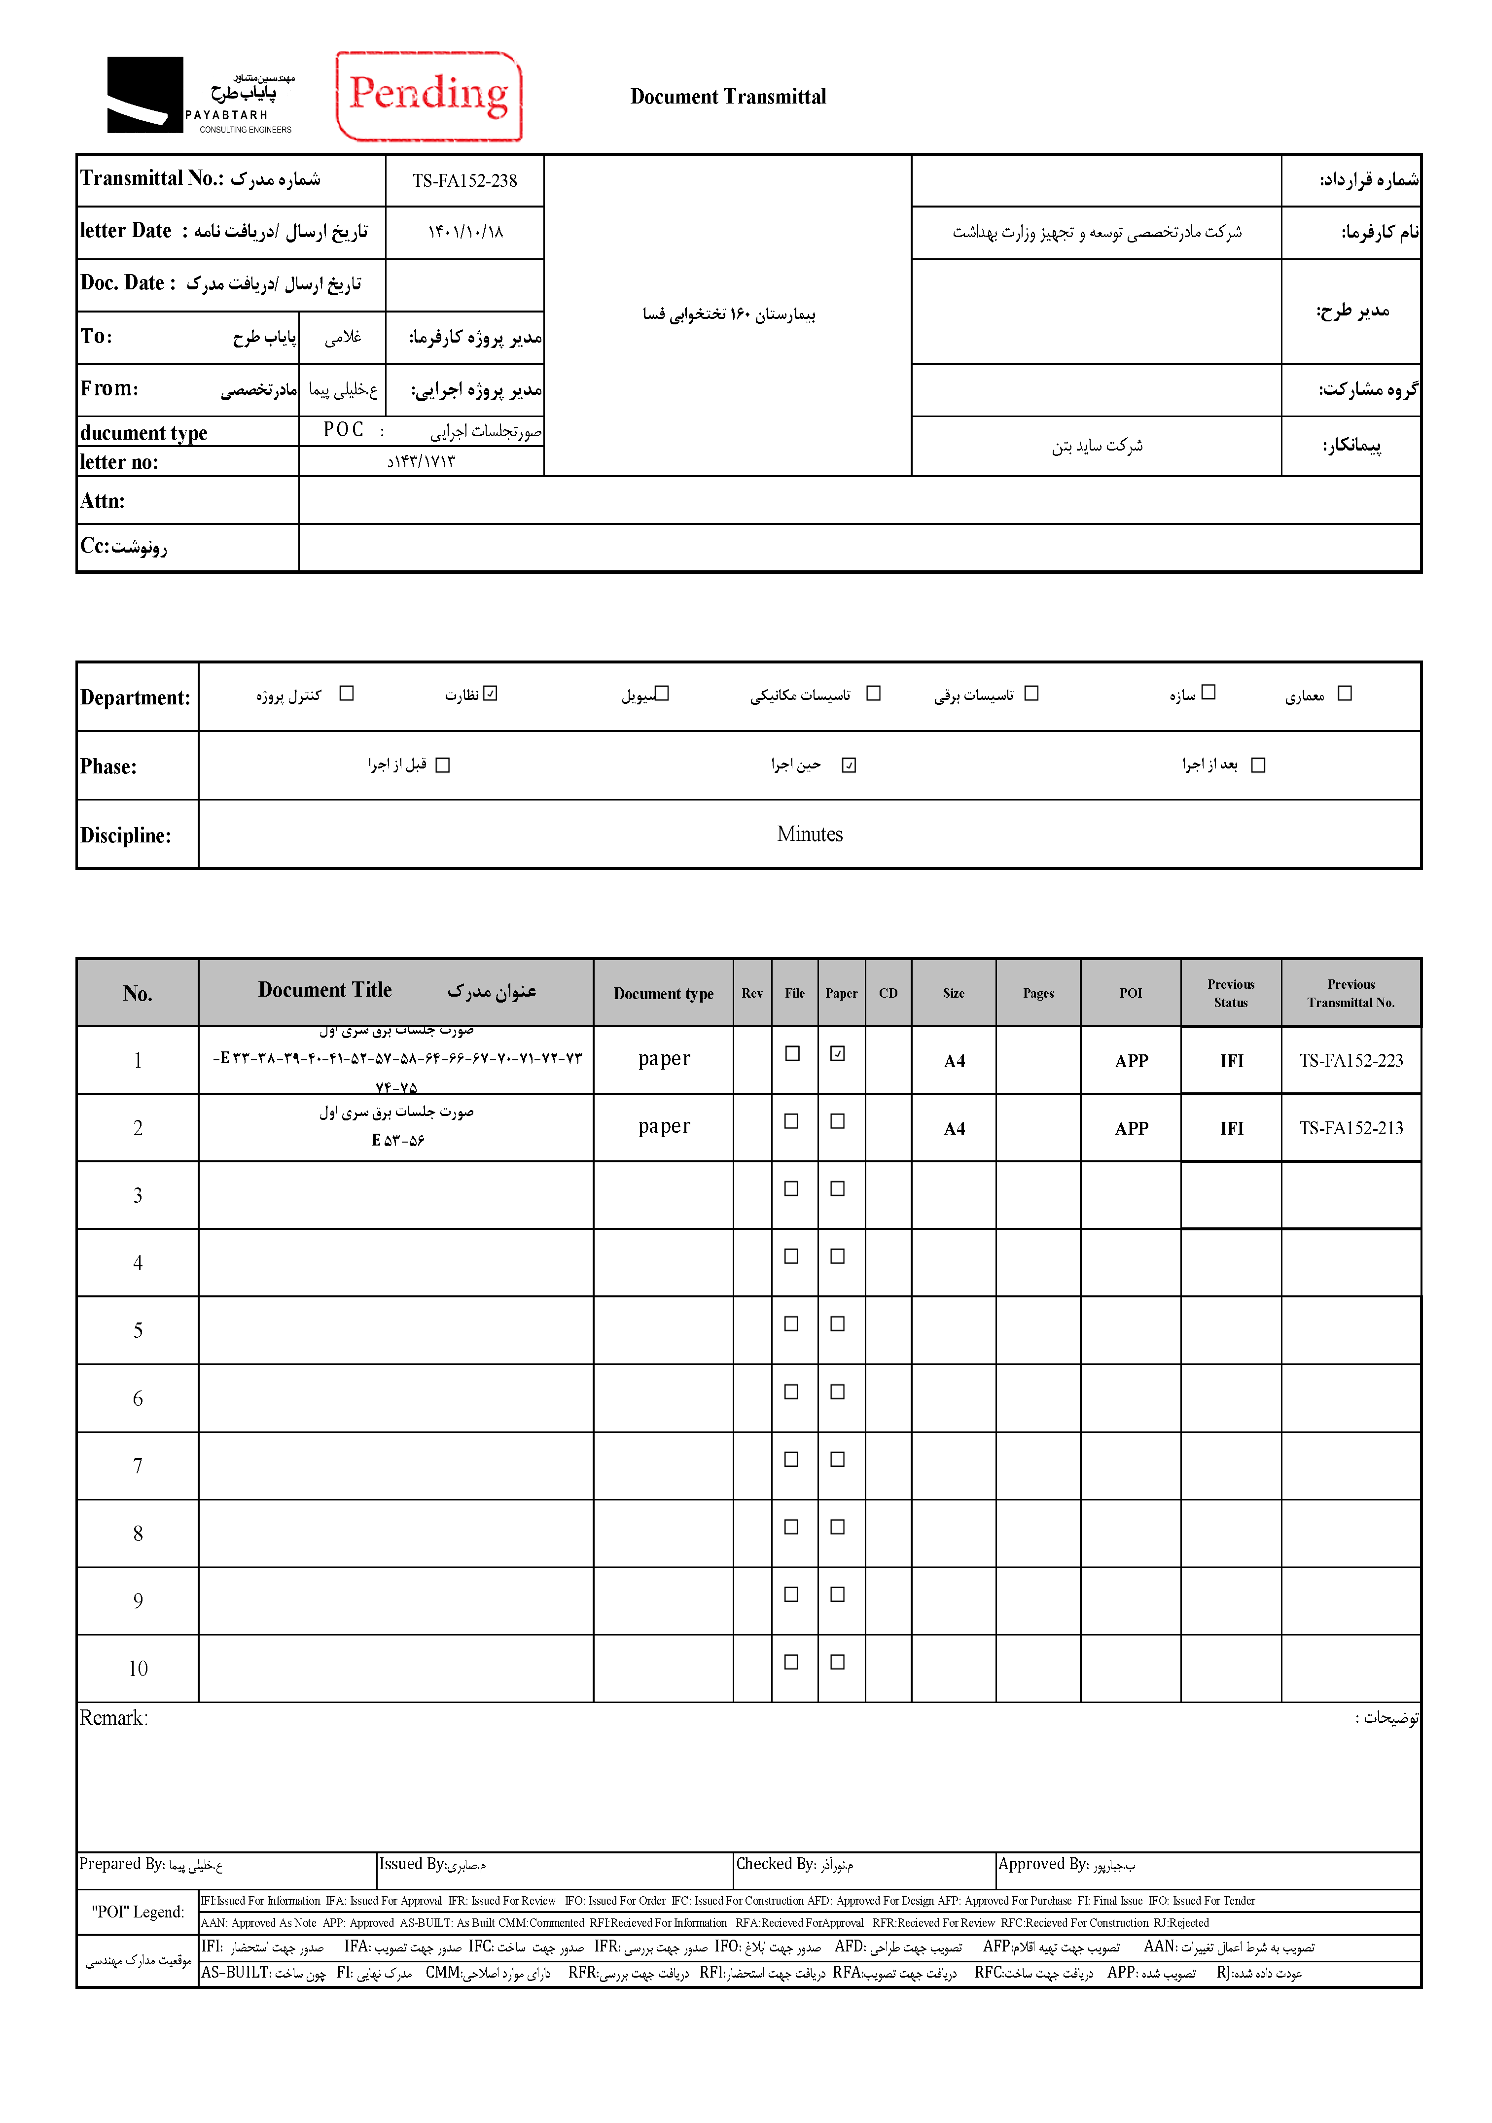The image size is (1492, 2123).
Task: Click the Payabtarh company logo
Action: pyautogui.click(x=201, y=95)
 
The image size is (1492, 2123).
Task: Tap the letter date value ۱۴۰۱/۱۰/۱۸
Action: pyautogui.click(x=464, y=232)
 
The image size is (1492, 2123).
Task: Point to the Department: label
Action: pyautogui.click(x=135, y=697)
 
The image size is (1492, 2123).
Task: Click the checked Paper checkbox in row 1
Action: pyautogui.click(x=837, y=1053)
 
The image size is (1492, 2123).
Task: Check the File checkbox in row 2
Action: pyautogui.click(x=792, y=1121)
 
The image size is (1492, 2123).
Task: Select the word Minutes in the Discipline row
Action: pyautogui.click(x=810, y=834)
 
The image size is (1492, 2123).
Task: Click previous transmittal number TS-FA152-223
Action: pyautogui.click(x=1350, y=1061)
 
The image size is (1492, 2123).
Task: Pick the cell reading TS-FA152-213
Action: pyautogui.click(x=1350, y=1128)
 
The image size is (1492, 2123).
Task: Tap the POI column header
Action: pyautogui.click(x=1130, y=993)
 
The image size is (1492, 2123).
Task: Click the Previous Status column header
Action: pyautogui.click(x=1230, y=993)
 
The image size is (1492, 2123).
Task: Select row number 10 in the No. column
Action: pyautogui.click(x=138, y=1668)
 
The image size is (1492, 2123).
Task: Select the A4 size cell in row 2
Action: pyautogui.click(x=954, y=1129)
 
